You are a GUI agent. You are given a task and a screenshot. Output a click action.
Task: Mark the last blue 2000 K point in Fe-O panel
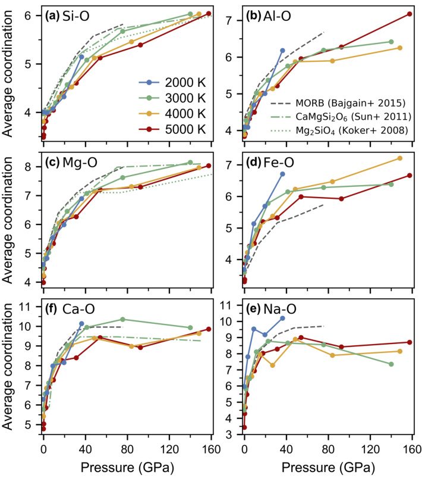[x=282, y=174]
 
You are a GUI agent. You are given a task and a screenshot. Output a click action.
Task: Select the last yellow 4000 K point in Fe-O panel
[x=399, y=158]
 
